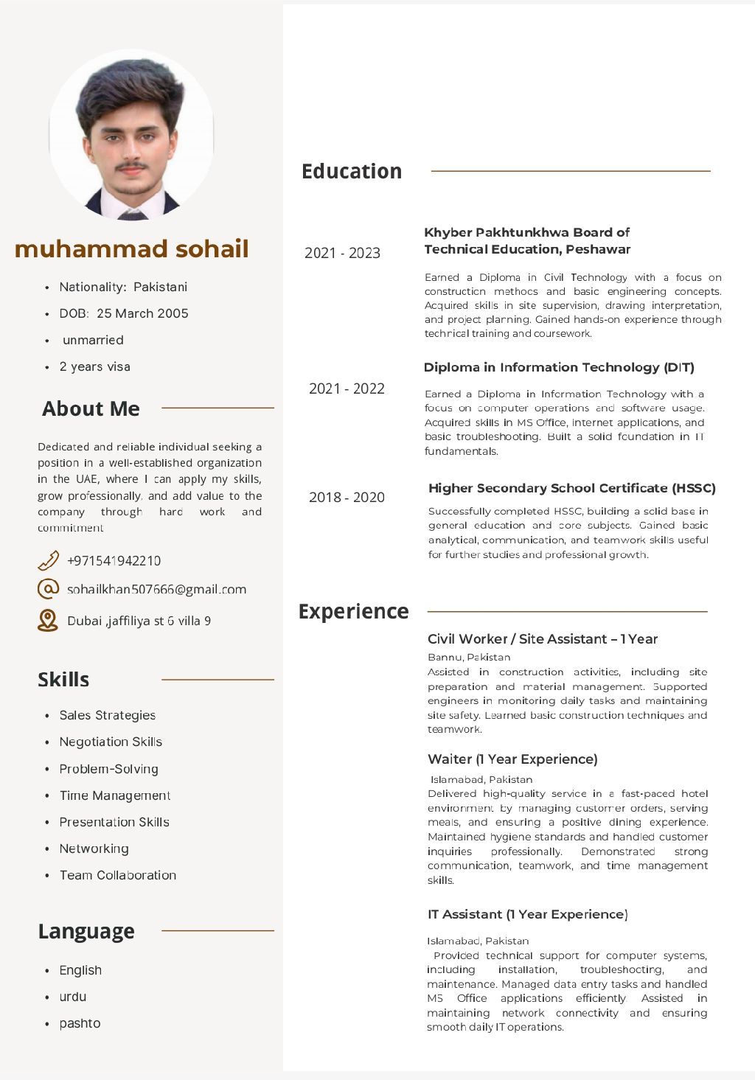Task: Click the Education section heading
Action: [352, 171]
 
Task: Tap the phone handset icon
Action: [48, 560]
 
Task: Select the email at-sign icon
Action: [48, 589]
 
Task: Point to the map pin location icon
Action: [48, 620]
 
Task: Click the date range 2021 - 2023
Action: [342, 253]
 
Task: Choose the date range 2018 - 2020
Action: [347, 497]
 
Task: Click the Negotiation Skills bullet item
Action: [111, 742]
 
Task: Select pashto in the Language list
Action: [80, 1023]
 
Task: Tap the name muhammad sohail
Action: [131, 248]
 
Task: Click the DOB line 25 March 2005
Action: [124, 313]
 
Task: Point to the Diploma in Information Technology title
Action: [559, 367]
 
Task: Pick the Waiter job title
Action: [512, 759]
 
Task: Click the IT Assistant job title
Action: [527, 914]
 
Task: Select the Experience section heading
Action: [353, 611]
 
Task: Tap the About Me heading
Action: [91, 408]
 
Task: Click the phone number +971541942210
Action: [114, 560]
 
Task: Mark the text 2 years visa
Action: [94, 366]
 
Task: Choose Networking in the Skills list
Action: [94, 849]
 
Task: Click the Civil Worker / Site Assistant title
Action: [543, 639]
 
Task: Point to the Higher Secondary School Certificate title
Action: [571, 488]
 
